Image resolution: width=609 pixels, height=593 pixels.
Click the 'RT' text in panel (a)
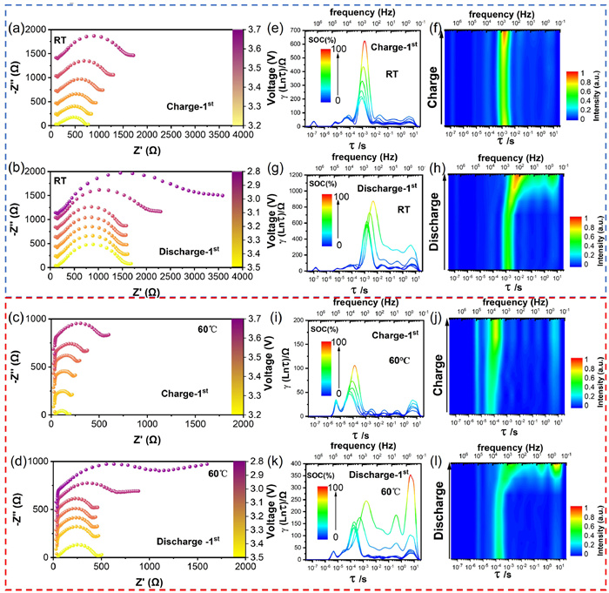60,40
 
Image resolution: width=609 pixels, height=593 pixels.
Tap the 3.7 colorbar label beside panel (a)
248,30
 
